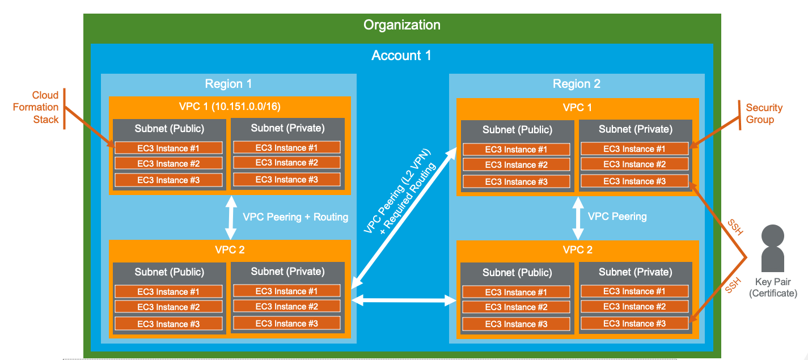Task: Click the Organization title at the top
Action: click(x=401, y=25)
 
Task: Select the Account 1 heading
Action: click(x=401, y=56)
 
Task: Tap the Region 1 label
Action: click(x=228, y=84)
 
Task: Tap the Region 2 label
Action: click(x=576, y=84)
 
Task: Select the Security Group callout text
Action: click(x=764, y=113)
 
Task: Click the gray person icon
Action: click(x=772, y=248)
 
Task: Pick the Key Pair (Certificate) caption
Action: click(x=773, y=287)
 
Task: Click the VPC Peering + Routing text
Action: click(x=295, y=217)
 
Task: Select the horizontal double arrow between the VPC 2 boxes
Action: click(x=404, y=300)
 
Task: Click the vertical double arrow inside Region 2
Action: click(x=578, y=218)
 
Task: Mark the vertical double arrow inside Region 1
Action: click(x=230, y=217)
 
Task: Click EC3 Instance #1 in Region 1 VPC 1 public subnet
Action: click(x=168, y=149)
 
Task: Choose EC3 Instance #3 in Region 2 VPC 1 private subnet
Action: click(x=634, y=181)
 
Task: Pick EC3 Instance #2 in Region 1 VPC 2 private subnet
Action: click(x=286, y=307)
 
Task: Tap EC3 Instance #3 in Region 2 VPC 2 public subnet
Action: click(x=516, y=324)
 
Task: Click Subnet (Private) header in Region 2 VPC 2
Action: click(x=635, y=272)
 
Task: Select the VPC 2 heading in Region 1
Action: click(x=229, y=249)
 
